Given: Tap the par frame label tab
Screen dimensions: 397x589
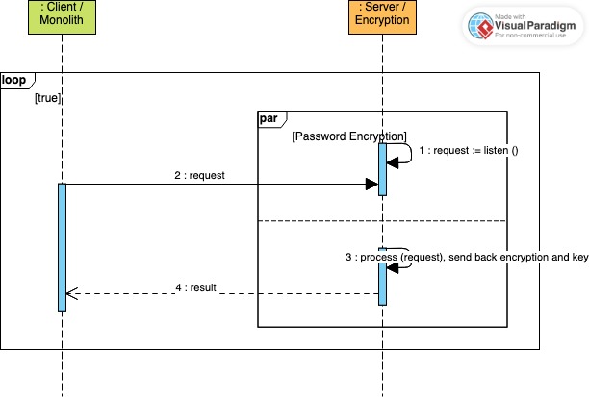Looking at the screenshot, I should pyautogui.click(x=269, y=118).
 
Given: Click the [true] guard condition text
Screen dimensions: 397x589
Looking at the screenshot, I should pyautogui.click(x=48, y=98).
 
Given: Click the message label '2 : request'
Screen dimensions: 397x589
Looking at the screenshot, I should pyautogui.click(x=199, y=175).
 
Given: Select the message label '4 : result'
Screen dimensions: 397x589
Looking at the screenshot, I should pyautogui.click(x=198, y=286).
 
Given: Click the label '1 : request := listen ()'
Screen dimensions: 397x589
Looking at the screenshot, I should pyautogui.click(x=469, y=151).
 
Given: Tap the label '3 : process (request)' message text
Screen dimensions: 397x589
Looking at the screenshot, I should pyautogui.click(x=404, y=259).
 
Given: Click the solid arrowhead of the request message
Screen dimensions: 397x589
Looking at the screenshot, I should pyautogui.click(x=371, y=184).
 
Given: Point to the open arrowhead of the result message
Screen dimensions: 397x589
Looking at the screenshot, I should pyautogui.click(x=70, y=294).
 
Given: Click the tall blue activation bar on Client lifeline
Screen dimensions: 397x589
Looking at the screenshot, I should pyautogui.click(x=62, y=247).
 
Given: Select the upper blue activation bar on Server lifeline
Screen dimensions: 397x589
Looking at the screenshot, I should pyautogui.click(x=382, y=169).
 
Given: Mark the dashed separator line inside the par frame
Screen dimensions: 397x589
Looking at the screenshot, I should pyautogui.click(x=382, y=221).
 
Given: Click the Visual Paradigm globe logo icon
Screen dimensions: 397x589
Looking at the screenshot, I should pyautogui.click(x=479, y=26).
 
